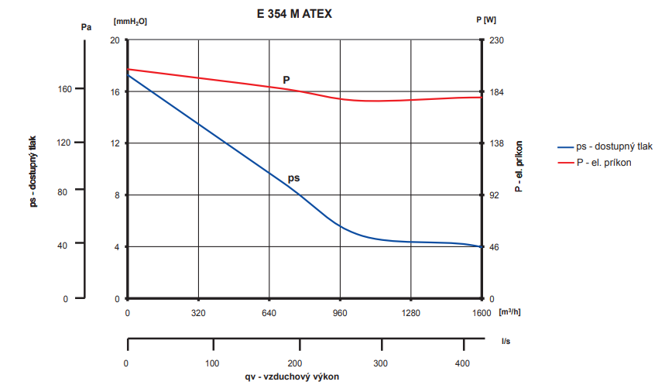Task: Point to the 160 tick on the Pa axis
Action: (x=64, y=89)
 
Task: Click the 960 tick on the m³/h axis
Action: (x=340, y=314)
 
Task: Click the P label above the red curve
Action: (x=286, y=80)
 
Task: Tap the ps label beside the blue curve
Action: (x=293, y=178)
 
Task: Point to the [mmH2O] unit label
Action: (x=129, y=21)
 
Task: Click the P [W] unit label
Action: (x=486, y=21)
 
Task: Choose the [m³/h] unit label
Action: (x=509, y=313)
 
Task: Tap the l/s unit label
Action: (x=506, y=340)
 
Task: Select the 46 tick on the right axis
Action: (x=494, y=247)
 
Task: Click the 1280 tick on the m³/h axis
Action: (x=410, y=314)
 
